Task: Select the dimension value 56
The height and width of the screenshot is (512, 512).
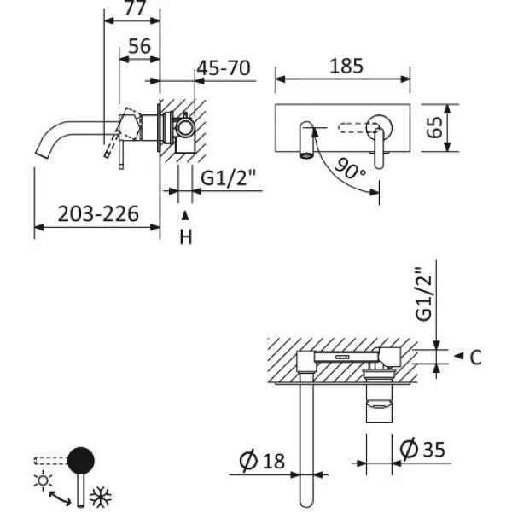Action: coord(140,48)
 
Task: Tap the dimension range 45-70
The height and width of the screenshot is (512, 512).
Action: coord(224,68)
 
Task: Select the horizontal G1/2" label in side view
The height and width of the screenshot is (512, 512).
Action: coord(230,178)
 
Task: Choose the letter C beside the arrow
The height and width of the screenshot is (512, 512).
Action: coord(475,357)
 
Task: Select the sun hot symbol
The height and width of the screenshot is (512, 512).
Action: coord(42,480)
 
